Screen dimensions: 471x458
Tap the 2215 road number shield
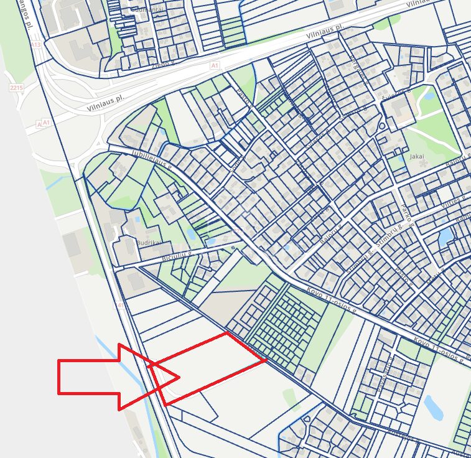pyautogui.click(x=16, y=88)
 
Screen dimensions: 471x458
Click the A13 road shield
pyautogui.click(x=35, y=45)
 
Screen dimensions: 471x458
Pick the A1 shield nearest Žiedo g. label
pyautogui.click(x=215, y=65)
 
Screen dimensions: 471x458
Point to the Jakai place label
pyautogui.click(x=416, y=157)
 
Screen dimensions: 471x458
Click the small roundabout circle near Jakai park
pyautogui.click(x=381, y=126)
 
